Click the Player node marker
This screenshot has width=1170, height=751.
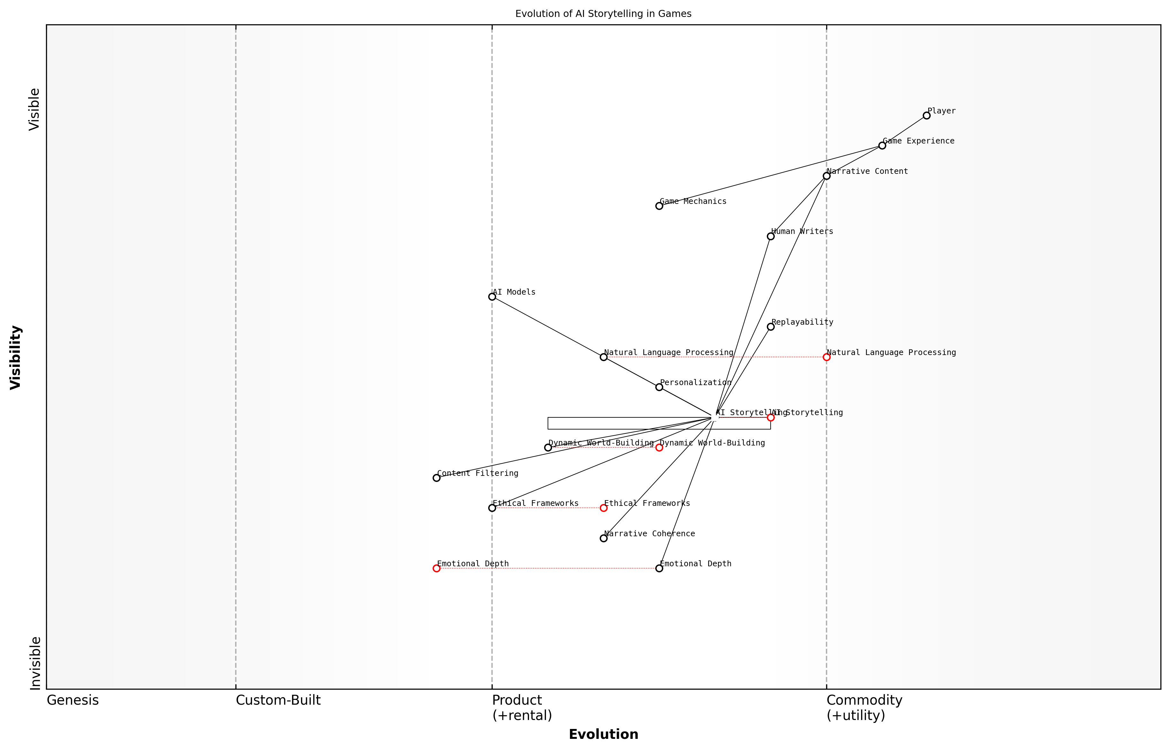pyautogui.click(x=926, y=116)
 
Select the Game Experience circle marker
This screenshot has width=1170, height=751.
pyautogui.click(x=882, y=145)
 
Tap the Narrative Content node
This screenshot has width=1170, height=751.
pyautogui.click(x=826, y=176)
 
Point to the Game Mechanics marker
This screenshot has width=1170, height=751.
pyautogui.click(x=659, y=206)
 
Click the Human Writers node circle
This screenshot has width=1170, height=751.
pyautogui.click(x=771, y=236)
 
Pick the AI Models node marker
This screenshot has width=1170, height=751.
pyautogui.click(x=492, y=297)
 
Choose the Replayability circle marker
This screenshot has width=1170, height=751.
pyautogui.click(x=771, y=327)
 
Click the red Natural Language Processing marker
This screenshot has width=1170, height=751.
pyautogui.click(x=826, y=357)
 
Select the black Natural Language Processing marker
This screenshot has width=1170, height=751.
pyautogui.click(x=604, y=357)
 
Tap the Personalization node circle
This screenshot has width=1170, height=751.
pyautogui.click(x=659, y=387)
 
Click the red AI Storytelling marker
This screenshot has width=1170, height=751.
pyautogui.click(x=771, y=417)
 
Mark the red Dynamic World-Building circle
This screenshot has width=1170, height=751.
pyautogui.click(x=659, y=448)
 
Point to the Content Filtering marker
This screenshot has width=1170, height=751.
pyautogui.click(x=436, y=478)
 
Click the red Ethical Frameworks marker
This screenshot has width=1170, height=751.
pyautogui.click(x=604, y=508)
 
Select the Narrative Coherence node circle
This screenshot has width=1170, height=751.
pyautogui.click(x=604, y=538)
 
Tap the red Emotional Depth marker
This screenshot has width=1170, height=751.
pyautogui.click(x=436, y=568)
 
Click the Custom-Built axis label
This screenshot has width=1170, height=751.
pyautogui.click(x=278, y=700)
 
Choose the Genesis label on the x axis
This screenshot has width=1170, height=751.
pyautogui.click(x=73, y=700)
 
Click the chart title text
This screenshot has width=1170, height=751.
pyautogui.click(x=603, y=14)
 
